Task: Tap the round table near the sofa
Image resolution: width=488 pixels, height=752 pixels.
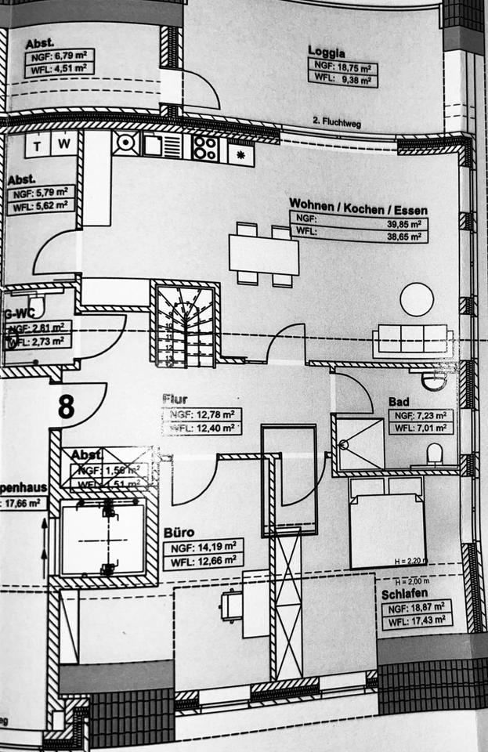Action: click(x=416, y=300)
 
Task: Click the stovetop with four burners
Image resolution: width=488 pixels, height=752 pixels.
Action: click(x=205, y=146)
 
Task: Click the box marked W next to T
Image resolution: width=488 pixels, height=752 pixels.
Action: click(x=66, y=145)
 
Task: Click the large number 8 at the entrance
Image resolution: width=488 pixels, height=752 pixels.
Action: click(x=67, y=407)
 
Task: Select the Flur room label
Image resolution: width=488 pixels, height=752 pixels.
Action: click(x=175, y=399)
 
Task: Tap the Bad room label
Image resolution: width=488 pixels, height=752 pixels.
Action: click(x=399, y=402)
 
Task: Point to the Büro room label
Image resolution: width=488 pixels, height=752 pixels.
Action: click(x=179, y=533)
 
